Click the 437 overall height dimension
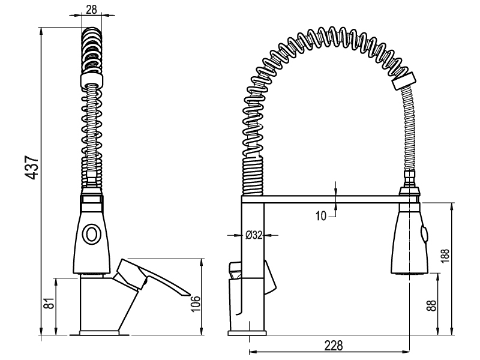coord(32,167)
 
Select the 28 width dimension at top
coord(91,10)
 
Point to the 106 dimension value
coord(196,304)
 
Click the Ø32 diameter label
coord(254,235)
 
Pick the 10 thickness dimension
coord(321,216)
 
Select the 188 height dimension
coord(445,256)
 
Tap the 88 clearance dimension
coord(431,305)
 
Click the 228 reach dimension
coord(334,346)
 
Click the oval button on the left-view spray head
coord(91,235)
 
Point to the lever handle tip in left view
coord(187,294)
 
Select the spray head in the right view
coord(409,238)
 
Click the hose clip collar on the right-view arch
coord(404,81)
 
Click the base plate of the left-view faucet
coord(99,333)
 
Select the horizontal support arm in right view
coord(329,199)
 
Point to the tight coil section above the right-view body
coord(253,175)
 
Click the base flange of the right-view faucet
coord(247,333)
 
